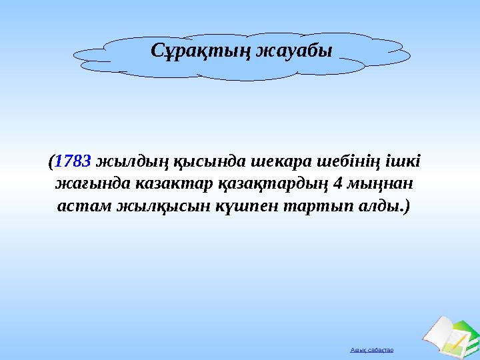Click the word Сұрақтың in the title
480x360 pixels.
199,49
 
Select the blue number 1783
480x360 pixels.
73,161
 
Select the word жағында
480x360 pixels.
84,183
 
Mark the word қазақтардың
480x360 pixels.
263,183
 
